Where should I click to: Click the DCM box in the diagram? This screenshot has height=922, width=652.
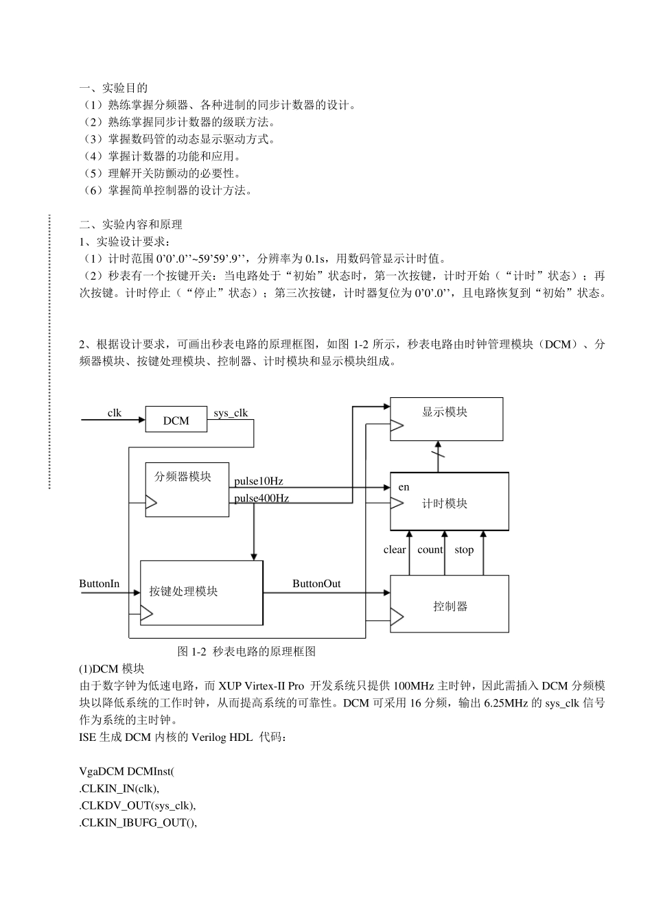pos(176,420)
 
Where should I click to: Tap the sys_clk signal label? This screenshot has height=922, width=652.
pos(231,413)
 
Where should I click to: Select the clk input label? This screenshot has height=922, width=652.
pos(115,412)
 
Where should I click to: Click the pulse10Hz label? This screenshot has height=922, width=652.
pos(258,481)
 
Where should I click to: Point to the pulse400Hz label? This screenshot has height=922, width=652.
pos(261,498)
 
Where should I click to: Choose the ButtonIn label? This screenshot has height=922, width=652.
pos(100,584)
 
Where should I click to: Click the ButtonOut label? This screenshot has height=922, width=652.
pos(316,584)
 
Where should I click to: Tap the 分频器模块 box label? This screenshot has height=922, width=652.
pos(183,476)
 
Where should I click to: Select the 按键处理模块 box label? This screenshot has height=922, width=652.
pos(183,591)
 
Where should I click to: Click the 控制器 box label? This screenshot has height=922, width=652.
pos(450,606)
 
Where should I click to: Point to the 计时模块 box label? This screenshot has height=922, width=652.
pos(445,504)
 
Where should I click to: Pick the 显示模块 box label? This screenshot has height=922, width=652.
pos(445,412)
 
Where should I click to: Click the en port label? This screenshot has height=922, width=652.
pos(404,487)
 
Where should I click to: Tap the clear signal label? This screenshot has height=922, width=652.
pos(395,549)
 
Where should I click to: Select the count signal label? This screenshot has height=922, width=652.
pos(430,549)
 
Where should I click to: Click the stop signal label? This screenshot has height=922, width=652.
pos(464,549)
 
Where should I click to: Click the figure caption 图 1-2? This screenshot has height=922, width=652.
pos(246,651)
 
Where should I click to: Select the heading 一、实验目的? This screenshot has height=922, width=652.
pos(113,88)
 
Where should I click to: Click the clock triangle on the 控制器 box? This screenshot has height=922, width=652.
pos(397,619)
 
